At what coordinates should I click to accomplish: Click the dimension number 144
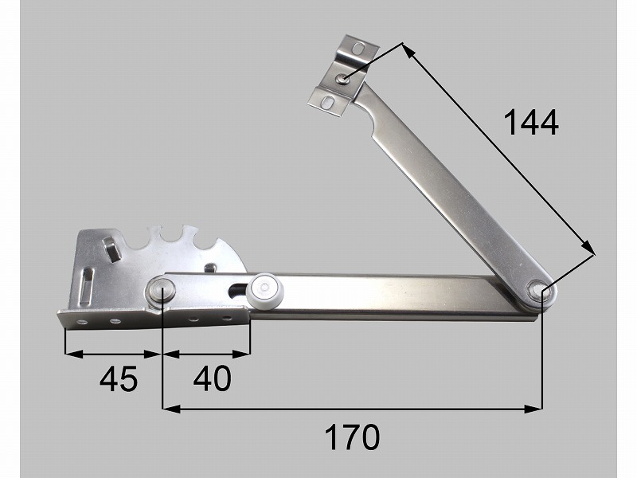[x=531, y=123]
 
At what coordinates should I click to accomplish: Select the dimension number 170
[x=352, y=437]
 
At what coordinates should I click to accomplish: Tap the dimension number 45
[x=119, y=379]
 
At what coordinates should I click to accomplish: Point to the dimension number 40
[x=212, y=378]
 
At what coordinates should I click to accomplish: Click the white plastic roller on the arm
[x=264, y=289]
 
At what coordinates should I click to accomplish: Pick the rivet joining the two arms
[x=540, y=291]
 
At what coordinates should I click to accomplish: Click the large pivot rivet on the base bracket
[x=160, y=290]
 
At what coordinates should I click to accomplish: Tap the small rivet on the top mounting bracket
[x=344, y=78]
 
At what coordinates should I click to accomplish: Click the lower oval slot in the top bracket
[x=326, y=102]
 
